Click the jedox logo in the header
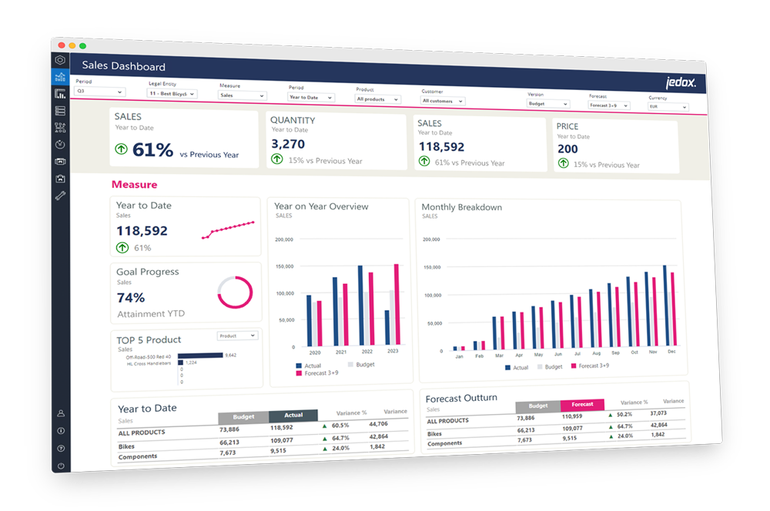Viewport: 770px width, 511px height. click(x=681, y=83)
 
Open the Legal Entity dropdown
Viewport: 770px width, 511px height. click(x=172, y=94)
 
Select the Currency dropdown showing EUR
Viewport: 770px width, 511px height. click(x=667, y=106)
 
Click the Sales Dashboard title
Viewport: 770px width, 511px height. click(x=123, y=66)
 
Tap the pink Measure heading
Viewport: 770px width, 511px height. click(x=134, y=185)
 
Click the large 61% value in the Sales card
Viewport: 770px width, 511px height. click(x=153, y=150)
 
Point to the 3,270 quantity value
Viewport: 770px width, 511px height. click(x=289, y=144)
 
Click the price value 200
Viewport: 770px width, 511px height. click(x=567, y=149)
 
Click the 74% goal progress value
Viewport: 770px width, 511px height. click(x=131, y=298)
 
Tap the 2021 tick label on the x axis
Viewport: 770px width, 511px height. click(x=340, y=352)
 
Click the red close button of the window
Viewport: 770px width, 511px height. click(x=62, y=45)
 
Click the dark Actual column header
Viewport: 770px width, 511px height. click(x=293, y=415)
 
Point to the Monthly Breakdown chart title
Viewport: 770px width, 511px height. click(x=462, y=207)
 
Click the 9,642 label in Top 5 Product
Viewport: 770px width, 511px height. click(x=230, y=355)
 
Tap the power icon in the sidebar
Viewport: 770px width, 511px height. click(x=61, y=466)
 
